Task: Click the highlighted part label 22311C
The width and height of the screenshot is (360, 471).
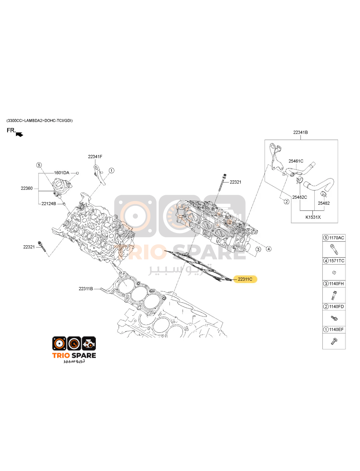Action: [245, 279]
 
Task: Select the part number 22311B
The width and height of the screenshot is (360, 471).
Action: [86, 289]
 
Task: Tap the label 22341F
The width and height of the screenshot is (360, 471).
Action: [95, 157]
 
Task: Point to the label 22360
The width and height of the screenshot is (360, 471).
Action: [26, 188]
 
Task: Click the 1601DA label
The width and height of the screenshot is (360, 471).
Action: [62, 173]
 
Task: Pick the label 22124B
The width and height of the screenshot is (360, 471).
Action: [49, 204]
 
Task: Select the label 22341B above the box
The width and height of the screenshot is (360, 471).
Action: [300, 132]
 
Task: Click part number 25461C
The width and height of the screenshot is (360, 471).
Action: [296, 161]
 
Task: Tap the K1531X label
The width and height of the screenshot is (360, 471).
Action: [313, 217]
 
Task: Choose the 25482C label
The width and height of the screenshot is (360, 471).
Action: [299, 197]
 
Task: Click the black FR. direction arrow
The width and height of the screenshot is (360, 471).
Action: [20, 135]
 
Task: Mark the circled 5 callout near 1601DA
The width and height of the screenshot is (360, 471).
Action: [39, 165]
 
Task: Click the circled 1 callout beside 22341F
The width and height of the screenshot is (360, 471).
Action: [111, 171]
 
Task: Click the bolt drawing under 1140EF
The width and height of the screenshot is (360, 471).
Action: [334, 341]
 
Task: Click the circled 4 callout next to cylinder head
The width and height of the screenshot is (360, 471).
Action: [269, 249]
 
